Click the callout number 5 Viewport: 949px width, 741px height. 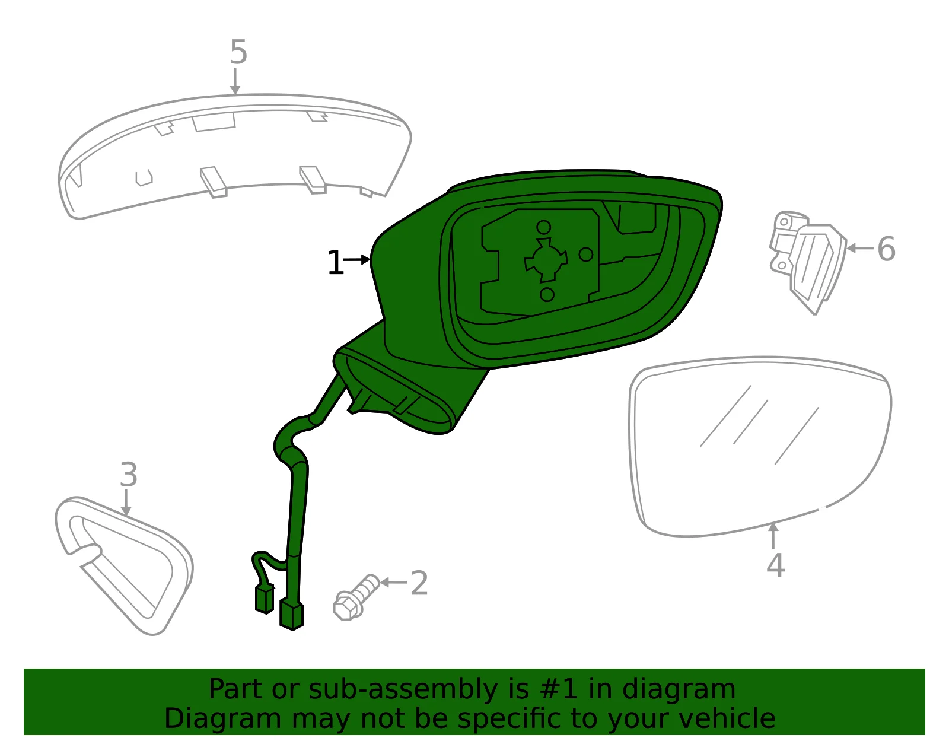[238, 52]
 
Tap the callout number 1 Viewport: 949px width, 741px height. [335, 262]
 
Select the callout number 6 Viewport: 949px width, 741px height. [886, 249]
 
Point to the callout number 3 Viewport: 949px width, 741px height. [129, 474]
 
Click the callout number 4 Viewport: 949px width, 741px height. [775, 565]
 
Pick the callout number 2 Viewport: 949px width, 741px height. [419, 583]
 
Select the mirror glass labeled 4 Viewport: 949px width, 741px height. [760, 446]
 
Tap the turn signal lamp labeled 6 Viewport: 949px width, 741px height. [807, 262]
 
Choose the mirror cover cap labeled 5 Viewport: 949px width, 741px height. [234, 156]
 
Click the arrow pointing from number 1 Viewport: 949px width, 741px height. [357, 260]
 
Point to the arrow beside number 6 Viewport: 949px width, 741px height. [860, 248]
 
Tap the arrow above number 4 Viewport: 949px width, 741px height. [773, 536]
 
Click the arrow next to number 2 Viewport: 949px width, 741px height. [393, 582]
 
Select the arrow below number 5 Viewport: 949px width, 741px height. [235, 81]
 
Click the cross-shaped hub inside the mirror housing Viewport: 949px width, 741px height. [546, 260]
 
